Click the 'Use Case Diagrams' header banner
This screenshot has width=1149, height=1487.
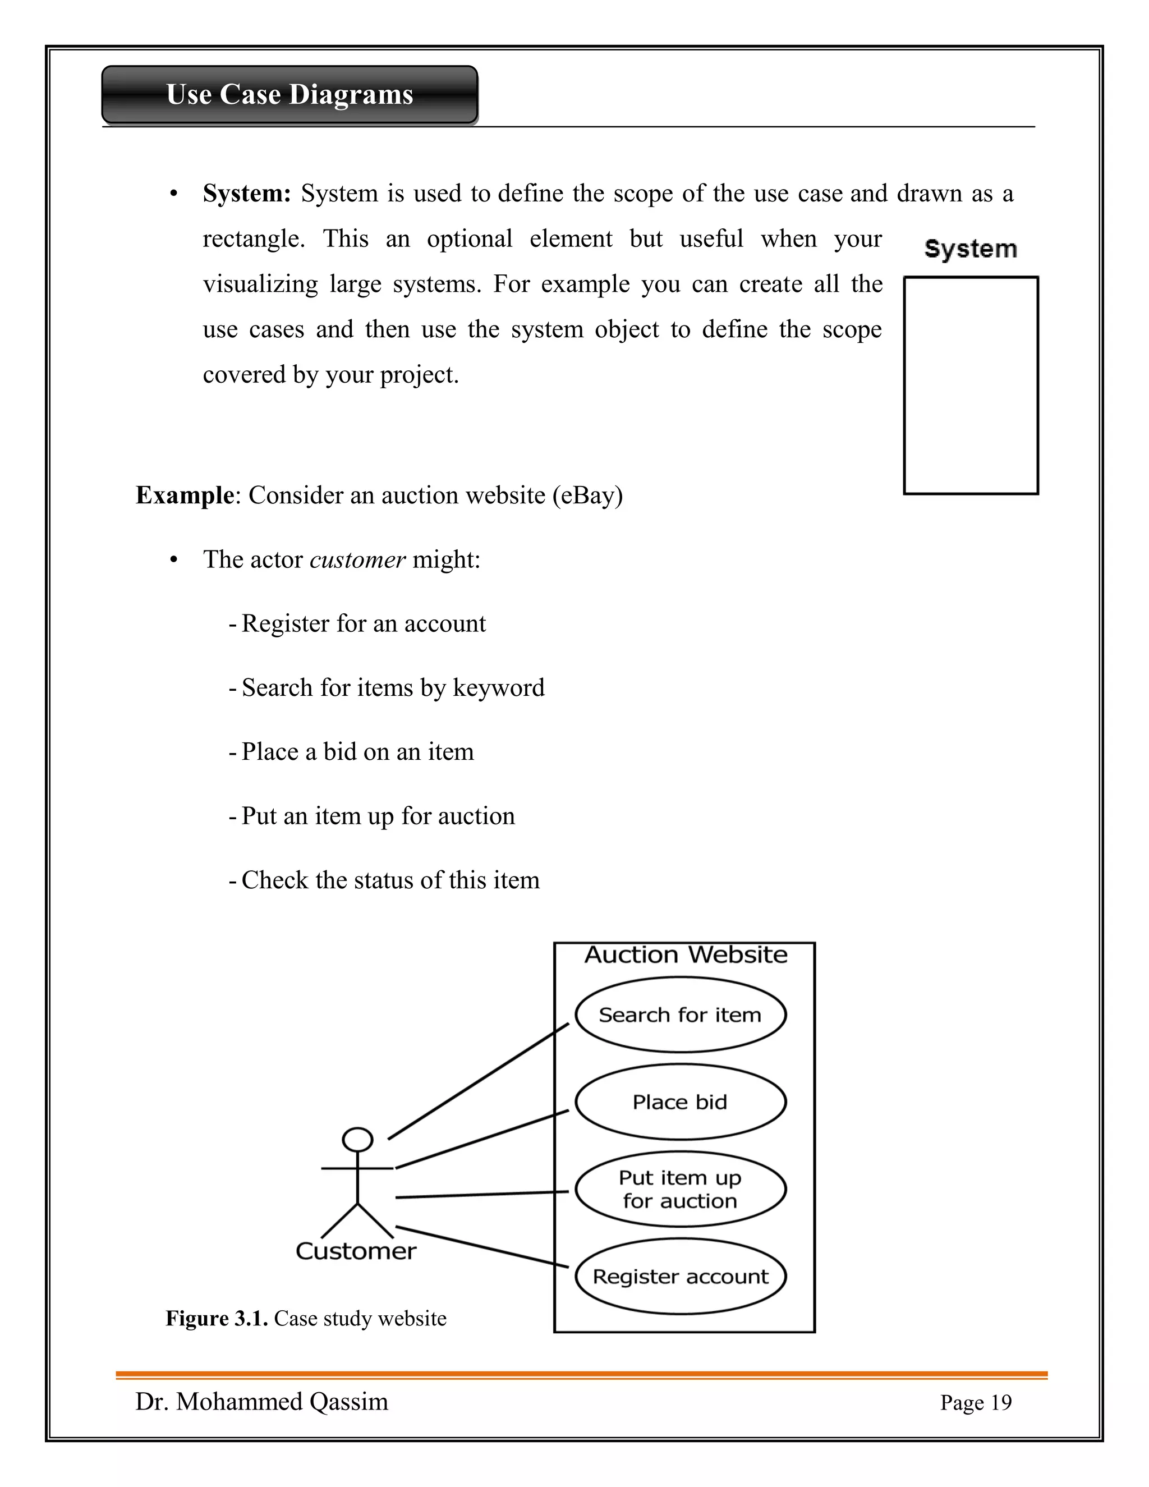(x=289, y=95)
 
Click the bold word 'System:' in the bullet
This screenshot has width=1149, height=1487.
(x=246, y=194)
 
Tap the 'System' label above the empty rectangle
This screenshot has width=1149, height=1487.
(x=970, y=249)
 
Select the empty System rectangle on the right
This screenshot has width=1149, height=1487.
(x=970, y=385)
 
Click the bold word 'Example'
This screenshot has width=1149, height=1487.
(x=185, y=495)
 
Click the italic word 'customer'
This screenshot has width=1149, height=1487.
(x=357, y=559)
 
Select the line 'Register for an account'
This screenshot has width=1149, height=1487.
(x=363, y=623)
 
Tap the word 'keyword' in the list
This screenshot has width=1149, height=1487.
(x=498, y=688)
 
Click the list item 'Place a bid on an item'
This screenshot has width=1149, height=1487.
(x=357, y=752)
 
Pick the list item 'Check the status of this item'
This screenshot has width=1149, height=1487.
(x=389, y=880)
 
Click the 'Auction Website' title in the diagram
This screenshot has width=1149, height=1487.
(x=686, y=954)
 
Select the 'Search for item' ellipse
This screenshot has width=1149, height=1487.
(x=680, y=1015)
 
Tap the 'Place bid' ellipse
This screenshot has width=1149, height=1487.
(x=680, y=1102)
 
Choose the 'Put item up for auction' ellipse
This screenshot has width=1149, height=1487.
(x=680, y=1189)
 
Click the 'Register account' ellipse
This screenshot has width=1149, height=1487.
(x=680, y=1276)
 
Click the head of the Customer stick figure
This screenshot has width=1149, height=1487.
(x=357, y=1139)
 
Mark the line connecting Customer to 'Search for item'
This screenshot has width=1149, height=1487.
(x=478, y=1081)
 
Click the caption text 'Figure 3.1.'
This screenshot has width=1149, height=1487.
(x=217, y=1318)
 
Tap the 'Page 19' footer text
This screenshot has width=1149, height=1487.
(x=976, y=1403)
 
